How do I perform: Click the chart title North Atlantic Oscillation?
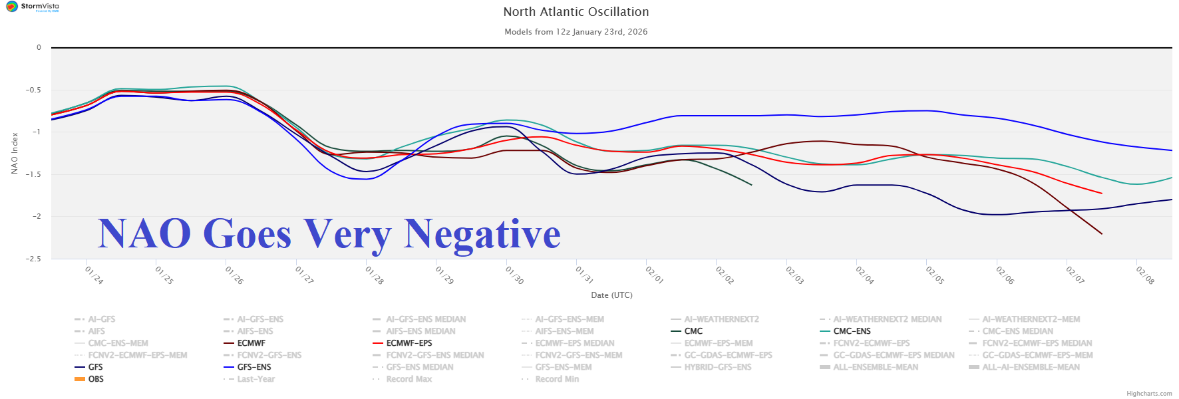click(x=576, y=12)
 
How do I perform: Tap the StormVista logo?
click(x=33, y=7)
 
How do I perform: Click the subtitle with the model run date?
click(x=576, y=32)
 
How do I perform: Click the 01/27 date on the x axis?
click(x=304, y=275)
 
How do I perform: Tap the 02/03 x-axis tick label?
click(x=794, y=275)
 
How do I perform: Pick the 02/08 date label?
click(x=1145, y=275)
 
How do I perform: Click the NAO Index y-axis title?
click(x=15, y=153)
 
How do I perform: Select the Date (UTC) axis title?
click(x=611, y=295)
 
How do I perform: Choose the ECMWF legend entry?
click(x=251, y=343)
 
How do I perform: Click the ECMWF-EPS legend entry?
click(x=409, y=343)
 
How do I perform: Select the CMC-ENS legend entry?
click(x=852, y=331)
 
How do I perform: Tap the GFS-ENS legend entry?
click(x=254, y=367)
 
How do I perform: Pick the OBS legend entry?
click(x=96, y=379)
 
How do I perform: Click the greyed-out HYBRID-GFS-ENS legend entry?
click(x=717, y=367)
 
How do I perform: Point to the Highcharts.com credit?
click(x=1149, y=394)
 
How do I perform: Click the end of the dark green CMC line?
click(x=751, y=185)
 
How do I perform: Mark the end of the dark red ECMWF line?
click(x=1102, y=234)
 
